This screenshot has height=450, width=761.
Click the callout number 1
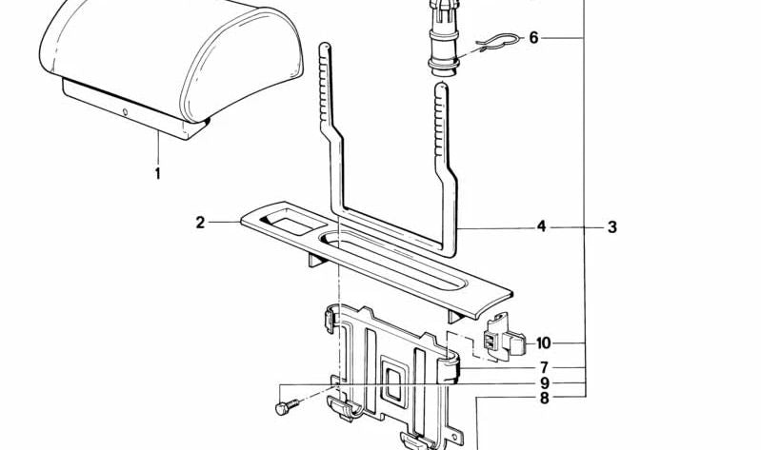(158, 173)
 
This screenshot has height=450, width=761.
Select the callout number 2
(200, 223)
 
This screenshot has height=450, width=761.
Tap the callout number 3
(612, 227)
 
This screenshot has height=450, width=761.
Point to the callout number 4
(542, 226)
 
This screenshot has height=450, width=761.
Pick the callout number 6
(534, 37)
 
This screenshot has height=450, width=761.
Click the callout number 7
(545, 367)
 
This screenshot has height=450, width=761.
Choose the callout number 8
(545, 399)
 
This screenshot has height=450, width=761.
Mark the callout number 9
(545, 383)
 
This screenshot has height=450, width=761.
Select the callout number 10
(544, 343)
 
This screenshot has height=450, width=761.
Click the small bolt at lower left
(287, 407)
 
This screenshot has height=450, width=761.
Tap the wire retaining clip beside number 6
(496, 42)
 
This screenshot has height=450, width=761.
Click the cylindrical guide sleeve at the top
(444, 38)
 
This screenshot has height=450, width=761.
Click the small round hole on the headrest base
(125, 112)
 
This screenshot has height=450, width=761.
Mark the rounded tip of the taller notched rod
(325, 46)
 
